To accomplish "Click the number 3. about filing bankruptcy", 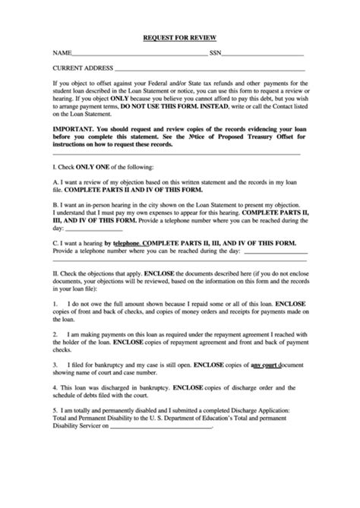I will click(55, 364).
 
